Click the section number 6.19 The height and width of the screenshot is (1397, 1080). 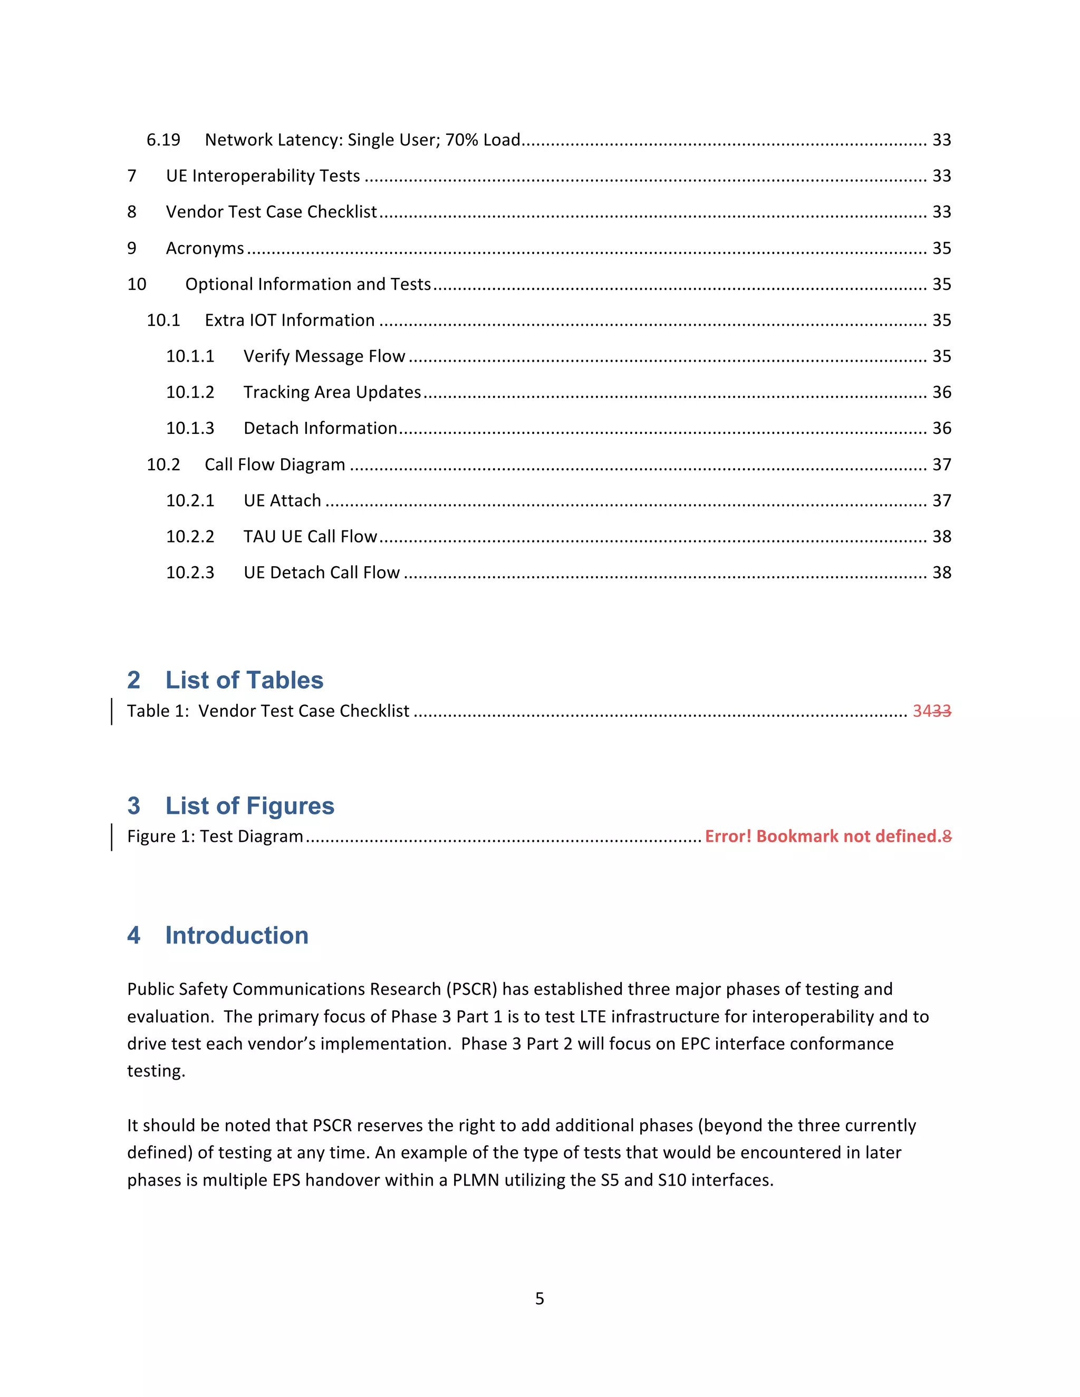[x=163, y=140]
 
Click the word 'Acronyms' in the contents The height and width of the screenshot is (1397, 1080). [x=205, y=248]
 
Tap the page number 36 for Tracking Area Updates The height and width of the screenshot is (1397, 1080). [x=941, y=392]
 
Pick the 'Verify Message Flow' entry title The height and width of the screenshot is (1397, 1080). [x=324, y=356]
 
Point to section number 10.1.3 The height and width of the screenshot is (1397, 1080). [x=190, y=428]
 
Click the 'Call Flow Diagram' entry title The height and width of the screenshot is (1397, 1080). [x=274, y=464]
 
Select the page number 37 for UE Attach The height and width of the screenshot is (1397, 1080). [x=941, y=500]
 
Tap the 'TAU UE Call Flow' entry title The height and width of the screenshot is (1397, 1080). [x=310, y=537]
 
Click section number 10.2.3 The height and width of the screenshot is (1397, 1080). [x=190, y=573]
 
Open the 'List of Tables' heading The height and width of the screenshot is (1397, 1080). [x=244, y=680]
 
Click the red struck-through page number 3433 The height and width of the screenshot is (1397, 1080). [x=932, y=711]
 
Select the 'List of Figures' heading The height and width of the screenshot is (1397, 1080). [x=249, y=806]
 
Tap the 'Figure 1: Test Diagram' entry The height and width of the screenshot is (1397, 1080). [x=215, y=837]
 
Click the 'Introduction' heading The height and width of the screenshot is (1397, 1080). [x=237, y=935]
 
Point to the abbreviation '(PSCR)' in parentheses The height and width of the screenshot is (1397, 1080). [x=471, y=989]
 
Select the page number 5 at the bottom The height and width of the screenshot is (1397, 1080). [x=539, y=1299]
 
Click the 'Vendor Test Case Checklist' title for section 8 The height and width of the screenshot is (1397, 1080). [x=271, y=212]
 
